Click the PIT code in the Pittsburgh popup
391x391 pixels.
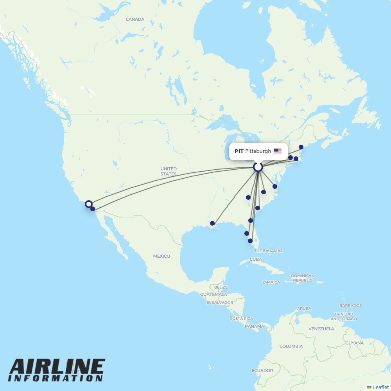pyautogui.click(x=239, y=151)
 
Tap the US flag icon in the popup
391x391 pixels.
pyautogui.click(x=278, y=151)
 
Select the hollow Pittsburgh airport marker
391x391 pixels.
pyautogui.click(x=258, y=167)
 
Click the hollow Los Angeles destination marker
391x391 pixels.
pyautogui.click(x=89, y=204)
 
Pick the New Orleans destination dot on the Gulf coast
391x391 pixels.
pyautogui.click(x=212, y=224)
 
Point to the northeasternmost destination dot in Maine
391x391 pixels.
pyautogui.click(x=301, y=147)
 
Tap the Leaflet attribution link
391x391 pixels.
pyautogui.click(x=380, y=387)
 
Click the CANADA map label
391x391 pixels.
pyautogui.click(x=135, y=19)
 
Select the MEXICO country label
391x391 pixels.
pyautogui.click(x=161, y=256)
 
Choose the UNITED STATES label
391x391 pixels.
pyautogui.click(x=169, y=171)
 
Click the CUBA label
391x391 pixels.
pyautogui.click(x=256, y=259)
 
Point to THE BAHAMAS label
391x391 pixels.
pyautogui.click(x=268, y=251)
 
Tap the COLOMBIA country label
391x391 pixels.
pyautogui.click(x=291, y=346)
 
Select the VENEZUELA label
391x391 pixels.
pyautogui.click(x=321, y=329)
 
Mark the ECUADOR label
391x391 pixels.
pyautogui.click(x=262, y=370)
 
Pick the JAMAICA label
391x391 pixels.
pyautogui.click(x=271, y=282)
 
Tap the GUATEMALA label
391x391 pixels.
pyautogui.click(x=213, y=294)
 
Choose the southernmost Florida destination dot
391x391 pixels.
pyautogui.click(x=250, y=241)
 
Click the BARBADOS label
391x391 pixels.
pyautogui.click(x=350, y=305)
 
